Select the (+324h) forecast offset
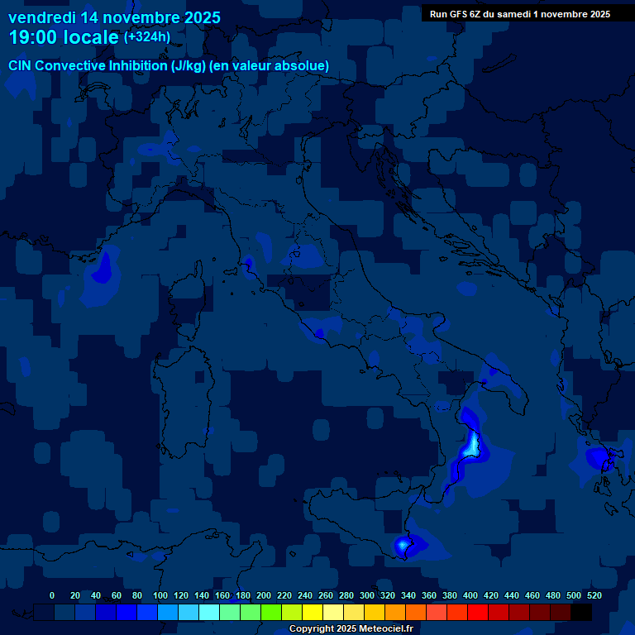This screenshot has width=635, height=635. [x=146, y=37]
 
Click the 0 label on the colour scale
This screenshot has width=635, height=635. [x=52, y=595]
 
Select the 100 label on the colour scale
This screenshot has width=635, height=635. [x=160, y=595]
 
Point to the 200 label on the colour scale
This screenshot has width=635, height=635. [x=263, y=595]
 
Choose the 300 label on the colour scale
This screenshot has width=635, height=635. [x=366, y=595]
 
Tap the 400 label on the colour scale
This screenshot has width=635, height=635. [x=470, y=595]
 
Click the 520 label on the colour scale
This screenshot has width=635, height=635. [x=594, y=595]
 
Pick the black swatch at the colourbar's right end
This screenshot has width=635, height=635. [x=581, y=613]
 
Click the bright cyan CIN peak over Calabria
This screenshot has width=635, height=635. [x=472, y=445]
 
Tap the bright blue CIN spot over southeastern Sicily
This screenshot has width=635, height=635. [x=403, y=545]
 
